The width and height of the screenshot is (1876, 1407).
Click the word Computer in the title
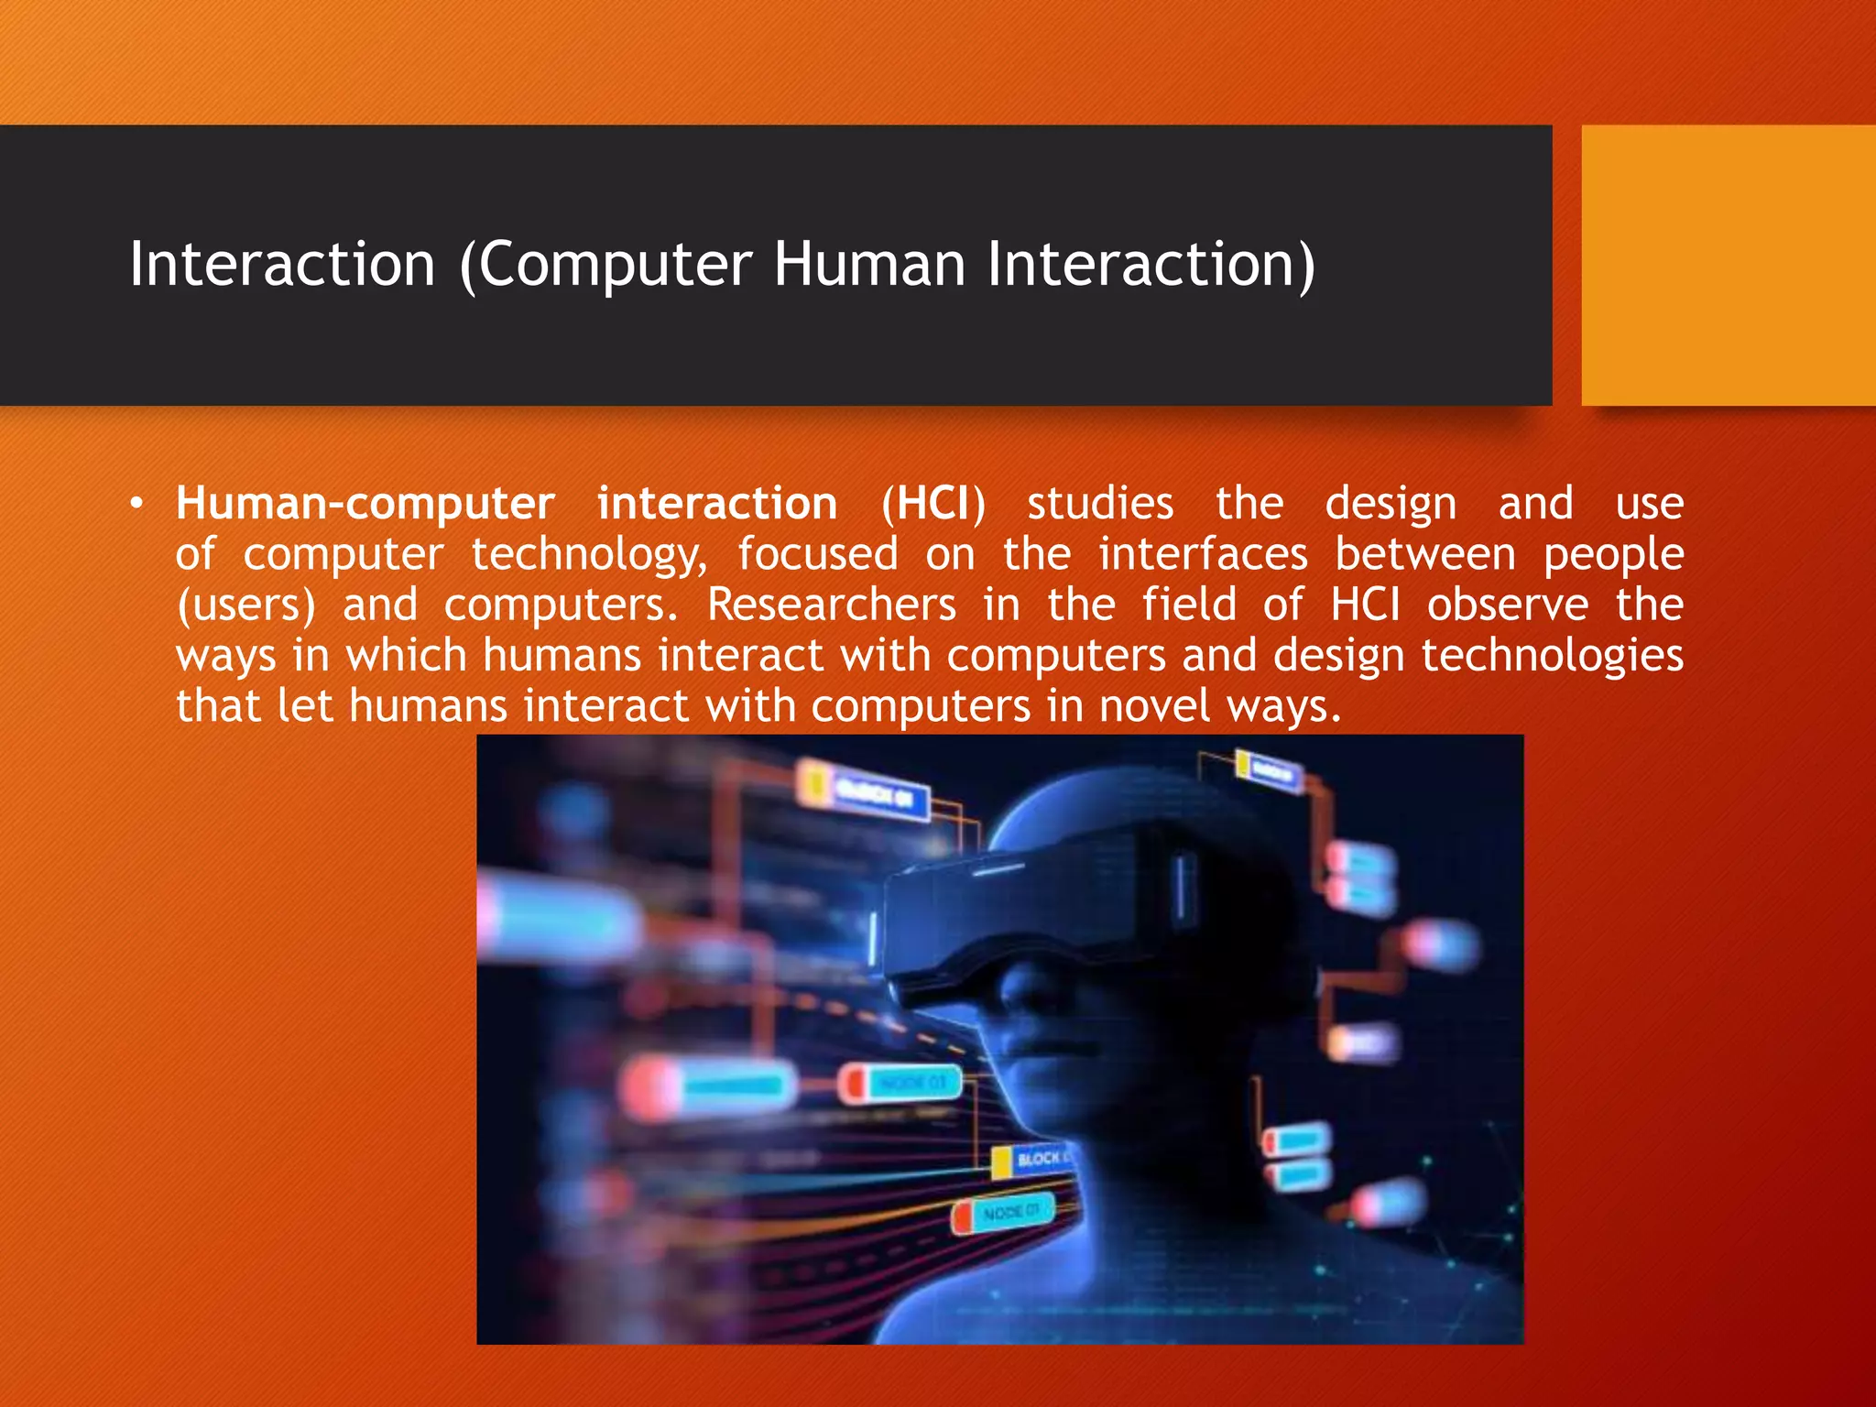coord(616,265)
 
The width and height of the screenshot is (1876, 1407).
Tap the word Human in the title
coord(869,265)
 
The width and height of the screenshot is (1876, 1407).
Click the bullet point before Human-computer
coord(136,504)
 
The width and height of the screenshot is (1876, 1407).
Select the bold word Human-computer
coord(365,504)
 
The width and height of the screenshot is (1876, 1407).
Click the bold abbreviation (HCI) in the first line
coord(933,504)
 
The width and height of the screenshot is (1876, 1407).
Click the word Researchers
coord(832,605)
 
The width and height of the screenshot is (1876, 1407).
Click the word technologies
coord(1552,656)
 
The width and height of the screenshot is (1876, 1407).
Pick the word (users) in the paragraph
coord(245,605)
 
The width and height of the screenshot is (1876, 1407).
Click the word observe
coord(1508,605)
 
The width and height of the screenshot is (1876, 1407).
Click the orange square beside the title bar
coord(1728,265)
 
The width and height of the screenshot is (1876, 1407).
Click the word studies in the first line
coord(1099,504)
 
